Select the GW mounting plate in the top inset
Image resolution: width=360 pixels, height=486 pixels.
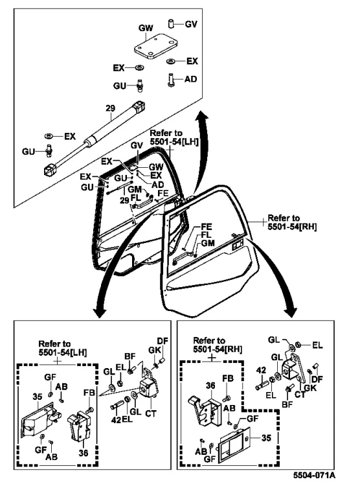[x=155, y=47]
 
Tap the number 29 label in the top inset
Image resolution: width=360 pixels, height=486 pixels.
[x=110, y=108]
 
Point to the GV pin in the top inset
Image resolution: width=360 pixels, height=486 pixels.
[x=171, y=23]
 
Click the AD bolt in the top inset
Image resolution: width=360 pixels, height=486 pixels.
[x=171, y=80]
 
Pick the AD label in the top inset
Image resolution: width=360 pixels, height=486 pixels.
[x=190, y=79]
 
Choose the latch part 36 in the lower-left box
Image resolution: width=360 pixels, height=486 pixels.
[x=79, y=427]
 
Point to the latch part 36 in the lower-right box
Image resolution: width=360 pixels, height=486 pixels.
[x=206, y=411]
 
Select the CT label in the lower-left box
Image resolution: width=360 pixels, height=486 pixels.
[x=151, y=413]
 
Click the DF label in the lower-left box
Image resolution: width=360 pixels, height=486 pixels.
[x=163, y=341]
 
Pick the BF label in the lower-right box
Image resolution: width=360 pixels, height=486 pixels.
[x=287, y=404]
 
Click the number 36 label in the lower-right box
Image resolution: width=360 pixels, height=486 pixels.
[x=210, y=386]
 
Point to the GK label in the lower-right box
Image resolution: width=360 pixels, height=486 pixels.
[x=310, y=388]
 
